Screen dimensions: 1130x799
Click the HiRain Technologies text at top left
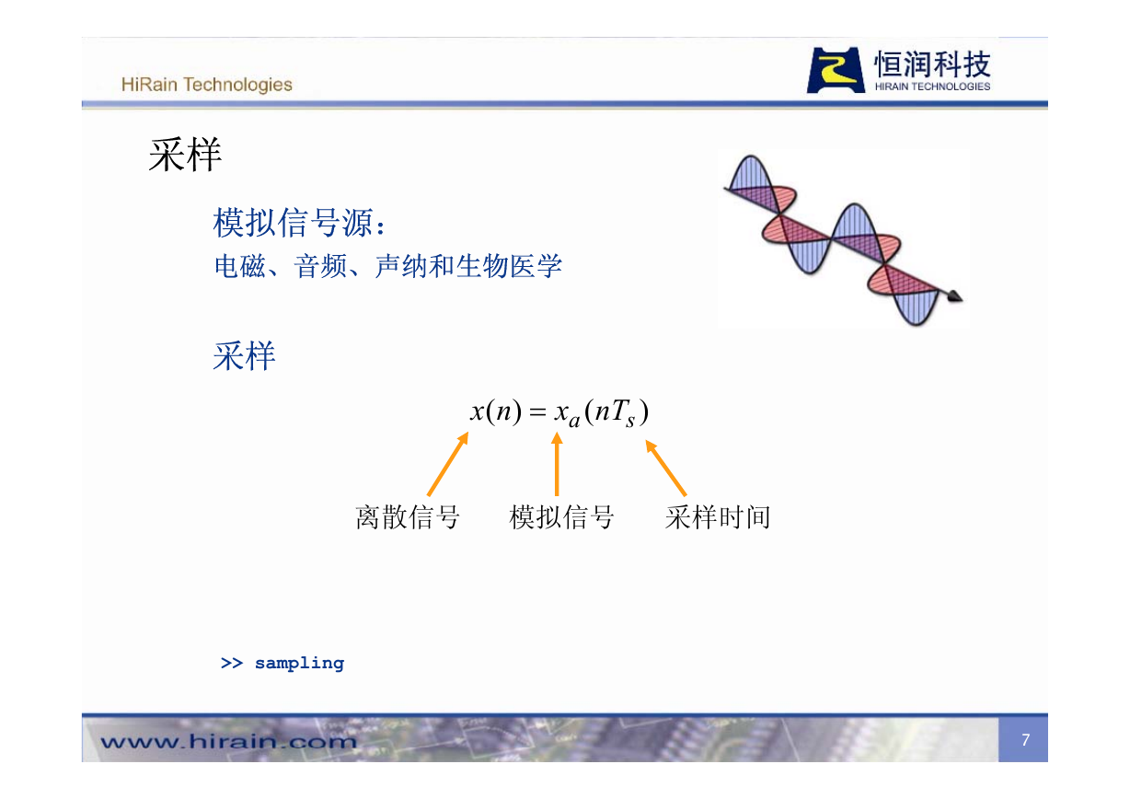coord(206,85)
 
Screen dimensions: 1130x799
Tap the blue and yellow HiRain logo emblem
coord(836,70)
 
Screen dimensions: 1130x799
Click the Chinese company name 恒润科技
coord(932,64)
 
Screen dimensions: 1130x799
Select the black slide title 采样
coord(185,155)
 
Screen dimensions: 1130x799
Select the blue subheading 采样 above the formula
coord(244,356)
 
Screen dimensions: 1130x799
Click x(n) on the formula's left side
coord(495,411)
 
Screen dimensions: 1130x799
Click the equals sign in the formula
coord(537,412)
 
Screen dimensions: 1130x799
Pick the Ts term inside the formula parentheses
coord(624,413)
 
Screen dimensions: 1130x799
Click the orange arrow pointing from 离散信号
coord(448,463)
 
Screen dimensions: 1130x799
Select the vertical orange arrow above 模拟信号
coord(557,463)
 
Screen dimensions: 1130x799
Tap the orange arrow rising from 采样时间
coord(666,468)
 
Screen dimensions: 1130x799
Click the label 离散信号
coord(407,517)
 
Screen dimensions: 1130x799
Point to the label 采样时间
coord(718,517)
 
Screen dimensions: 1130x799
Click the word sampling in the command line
coord(300,664)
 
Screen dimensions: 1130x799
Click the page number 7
coord(1026,740)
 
